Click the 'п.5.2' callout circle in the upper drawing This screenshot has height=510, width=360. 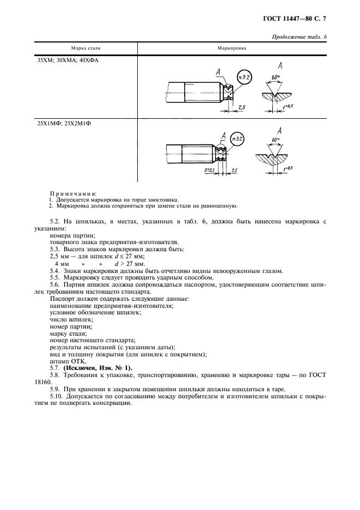coord(245,77)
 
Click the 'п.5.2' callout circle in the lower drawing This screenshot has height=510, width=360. coord(238,139)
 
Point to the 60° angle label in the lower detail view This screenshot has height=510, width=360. coord(275,141)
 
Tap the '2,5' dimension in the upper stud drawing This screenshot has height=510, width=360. coord(241,108)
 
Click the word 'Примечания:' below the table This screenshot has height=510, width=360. coord(73,194)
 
